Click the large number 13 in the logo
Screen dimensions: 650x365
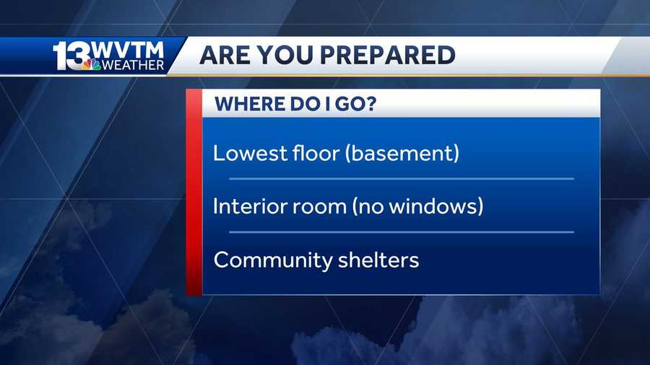click(x=71, y=56)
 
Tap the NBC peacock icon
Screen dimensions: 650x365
click(x=91, y=64)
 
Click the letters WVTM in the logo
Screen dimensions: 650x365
click(x=128, y=50)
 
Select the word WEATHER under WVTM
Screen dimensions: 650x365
click(x=133, y=65)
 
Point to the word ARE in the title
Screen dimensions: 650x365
click(x=225, y=55)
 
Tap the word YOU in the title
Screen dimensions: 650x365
click(x=285, y=55)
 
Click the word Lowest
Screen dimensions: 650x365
click(x=250, y=153)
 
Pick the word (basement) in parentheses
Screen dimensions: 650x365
click(x=402, y=153)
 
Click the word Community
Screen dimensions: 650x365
click(x=273, y=260)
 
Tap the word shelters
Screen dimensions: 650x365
click(x=378, y=260)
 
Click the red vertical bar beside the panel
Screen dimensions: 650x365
click(x=194, y=193)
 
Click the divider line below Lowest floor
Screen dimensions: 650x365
click(x=402, y=179)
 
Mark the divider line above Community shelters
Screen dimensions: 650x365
click(x=402, y=232)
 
